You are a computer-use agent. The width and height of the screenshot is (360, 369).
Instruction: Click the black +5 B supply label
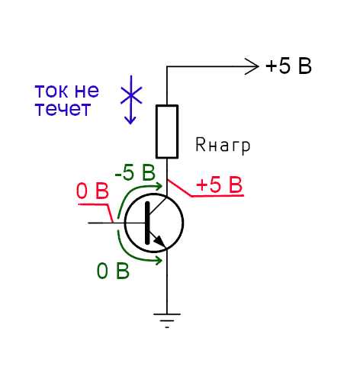coord(288,66)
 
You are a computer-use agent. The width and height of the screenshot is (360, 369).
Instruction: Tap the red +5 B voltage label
coord(219,184)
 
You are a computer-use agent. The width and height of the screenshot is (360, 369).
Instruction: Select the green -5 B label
coord(135,173)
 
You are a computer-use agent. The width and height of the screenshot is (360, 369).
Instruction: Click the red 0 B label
coord(92,191)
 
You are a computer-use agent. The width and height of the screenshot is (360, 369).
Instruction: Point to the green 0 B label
coord(113,271)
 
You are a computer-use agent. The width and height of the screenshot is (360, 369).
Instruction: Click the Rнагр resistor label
coord(223,146)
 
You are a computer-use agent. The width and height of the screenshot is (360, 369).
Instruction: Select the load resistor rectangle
coord(167,131)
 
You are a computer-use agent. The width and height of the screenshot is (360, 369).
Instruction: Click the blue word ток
coord(52,91)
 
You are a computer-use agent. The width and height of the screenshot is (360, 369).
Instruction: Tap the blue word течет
coord(63,109)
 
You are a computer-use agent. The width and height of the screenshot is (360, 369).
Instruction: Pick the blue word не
coord(86,91)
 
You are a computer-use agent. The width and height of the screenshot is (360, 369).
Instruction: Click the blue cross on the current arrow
coord(131,95)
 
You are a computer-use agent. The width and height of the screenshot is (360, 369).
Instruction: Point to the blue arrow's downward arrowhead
coord(131,120)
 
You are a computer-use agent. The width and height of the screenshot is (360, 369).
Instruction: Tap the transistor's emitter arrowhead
coord(160,241)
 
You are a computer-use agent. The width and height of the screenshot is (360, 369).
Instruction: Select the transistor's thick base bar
coord(147,223)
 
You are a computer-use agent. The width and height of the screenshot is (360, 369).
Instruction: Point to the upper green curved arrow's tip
coord(161,186)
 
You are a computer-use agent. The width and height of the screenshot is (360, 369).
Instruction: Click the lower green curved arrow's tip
coord(161,261)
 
